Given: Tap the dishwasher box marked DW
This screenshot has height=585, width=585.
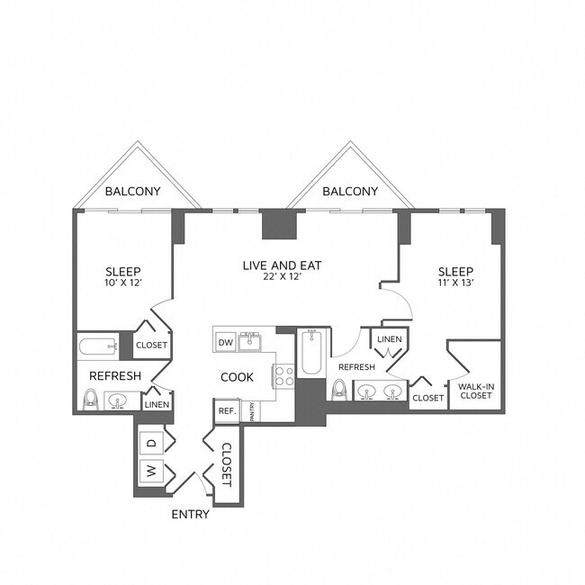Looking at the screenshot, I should point(225,342).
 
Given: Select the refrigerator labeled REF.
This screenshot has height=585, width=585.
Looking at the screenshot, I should point(225,410).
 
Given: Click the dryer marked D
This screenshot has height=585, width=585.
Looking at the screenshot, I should point(150,443).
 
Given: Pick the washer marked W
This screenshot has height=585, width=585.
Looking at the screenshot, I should point(150,470).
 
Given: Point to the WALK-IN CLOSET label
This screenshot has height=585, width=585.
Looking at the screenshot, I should point(474,391).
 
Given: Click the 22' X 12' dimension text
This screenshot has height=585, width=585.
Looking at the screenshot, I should point(282,279).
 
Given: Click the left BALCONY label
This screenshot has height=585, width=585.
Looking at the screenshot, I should point(132,192).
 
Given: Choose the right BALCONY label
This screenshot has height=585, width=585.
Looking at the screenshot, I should point(349,192).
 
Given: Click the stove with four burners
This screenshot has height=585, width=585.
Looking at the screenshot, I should point(284,375).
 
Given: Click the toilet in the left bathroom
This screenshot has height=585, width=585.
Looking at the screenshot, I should point(91,400).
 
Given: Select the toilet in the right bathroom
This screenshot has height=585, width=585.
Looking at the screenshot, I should point(339,389).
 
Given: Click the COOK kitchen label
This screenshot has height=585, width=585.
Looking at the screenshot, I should point(237,377).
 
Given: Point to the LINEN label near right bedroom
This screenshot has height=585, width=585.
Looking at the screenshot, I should point(390,339).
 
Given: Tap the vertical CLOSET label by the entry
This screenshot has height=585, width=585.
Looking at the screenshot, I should point(227,464).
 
